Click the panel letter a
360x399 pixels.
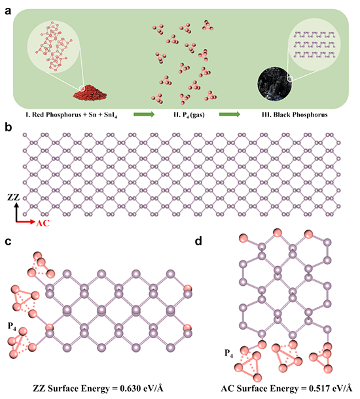(x=8, y=11)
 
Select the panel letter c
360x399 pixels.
(x=8, y=241)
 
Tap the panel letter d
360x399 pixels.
(x=198, y=240)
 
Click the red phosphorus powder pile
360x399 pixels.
(x=90, y=93)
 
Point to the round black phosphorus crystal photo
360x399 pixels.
(x=274, y=84)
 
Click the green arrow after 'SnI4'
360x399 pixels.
(x=144, y=114)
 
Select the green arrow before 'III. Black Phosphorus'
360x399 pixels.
(x=229, y=114)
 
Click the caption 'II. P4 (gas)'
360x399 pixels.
(x=189, y=115)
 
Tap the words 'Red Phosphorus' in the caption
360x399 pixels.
(x=56, y=114)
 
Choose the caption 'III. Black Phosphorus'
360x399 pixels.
(x=295, y=114)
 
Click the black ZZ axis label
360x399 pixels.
(x=14, y=197)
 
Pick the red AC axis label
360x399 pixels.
(x=43, y=223)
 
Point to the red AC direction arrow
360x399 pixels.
(x=26, y=222)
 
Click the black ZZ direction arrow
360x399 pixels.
(x=16, y=212)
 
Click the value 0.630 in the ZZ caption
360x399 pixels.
(x=130, y=389)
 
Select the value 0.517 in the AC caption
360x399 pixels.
(x=319, y=389)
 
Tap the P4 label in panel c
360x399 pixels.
(x=12, y=326)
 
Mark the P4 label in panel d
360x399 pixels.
(x=228, y=354)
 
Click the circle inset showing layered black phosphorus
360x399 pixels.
(x=314, y=44)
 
